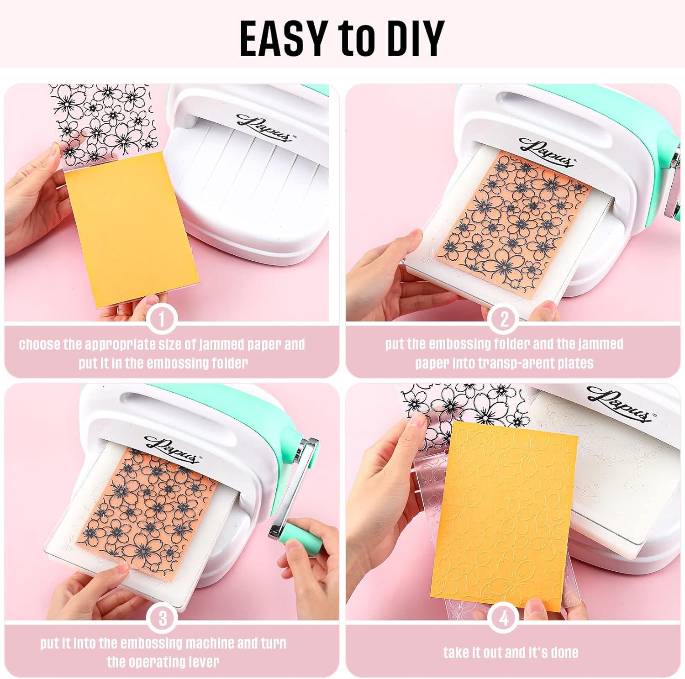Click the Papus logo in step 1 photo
click(264, 127)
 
